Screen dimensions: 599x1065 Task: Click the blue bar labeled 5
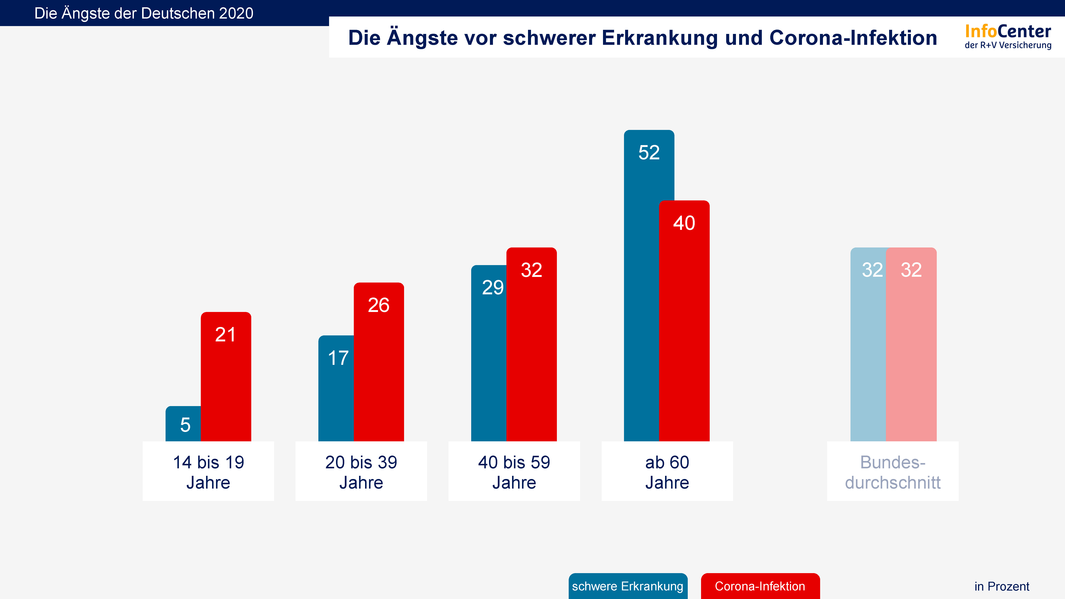tap(183, 424)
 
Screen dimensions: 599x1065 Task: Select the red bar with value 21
tap(226, 376)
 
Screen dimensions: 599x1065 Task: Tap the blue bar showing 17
tap(336, 389)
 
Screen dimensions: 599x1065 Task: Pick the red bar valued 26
tap(379, 362)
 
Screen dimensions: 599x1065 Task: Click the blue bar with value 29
tap(489, 353)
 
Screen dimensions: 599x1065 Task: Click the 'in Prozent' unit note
tap(1001, 586)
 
